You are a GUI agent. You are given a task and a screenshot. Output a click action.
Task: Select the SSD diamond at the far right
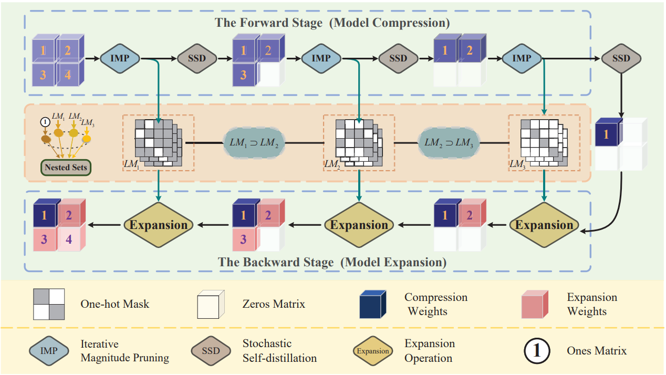point(621,58)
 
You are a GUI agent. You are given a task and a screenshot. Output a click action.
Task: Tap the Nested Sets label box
point(66,168)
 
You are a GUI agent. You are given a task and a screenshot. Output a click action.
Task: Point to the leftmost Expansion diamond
point(158,225)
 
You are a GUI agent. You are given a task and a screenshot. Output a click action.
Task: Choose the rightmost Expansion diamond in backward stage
point(544,225)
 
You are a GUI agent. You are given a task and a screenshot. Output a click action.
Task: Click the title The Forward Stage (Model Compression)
point(332,24)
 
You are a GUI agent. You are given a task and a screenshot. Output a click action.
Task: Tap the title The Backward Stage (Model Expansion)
point(332,262)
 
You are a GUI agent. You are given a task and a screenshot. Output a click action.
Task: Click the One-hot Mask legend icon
point(49,304)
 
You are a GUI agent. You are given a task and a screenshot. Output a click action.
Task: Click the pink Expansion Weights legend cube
point(536,304)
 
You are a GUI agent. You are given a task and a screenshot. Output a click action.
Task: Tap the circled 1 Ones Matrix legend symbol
point(536,350)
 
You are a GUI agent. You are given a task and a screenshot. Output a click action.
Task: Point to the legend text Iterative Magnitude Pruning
point(124,351)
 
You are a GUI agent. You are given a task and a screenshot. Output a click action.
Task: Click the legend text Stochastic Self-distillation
point(279,351)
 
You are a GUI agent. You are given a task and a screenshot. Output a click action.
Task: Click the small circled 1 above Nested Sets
point(45,122)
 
